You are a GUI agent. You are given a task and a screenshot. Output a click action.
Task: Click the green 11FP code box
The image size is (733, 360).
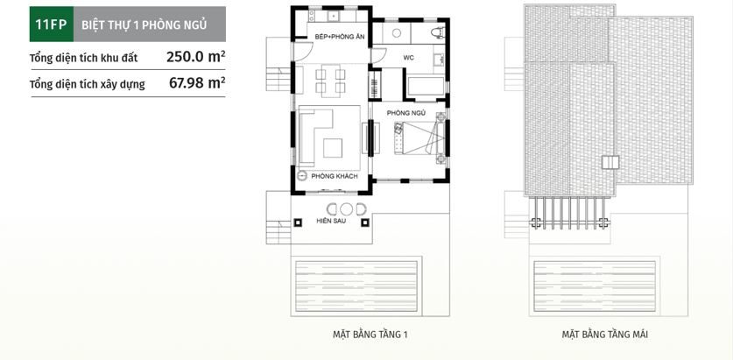point(47,25)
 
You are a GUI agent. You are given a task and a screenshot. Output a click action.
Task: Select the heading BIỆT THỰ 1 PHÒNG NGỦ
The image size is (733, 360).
point(144,25)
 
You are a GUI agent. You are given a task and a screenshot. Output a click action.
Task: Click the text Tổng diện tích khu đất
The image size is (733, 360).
point(78,58)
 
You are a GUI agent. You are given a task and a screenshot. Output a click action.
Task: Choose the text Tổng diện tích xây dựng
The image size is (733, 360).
point(82,85)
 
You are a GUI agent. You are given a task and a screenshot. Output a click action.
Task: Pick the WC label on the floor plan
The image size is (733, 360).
point(408,57)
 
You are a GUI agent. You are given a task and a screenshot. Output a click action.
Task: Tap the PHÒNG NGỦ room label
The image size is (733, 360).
point(406,113)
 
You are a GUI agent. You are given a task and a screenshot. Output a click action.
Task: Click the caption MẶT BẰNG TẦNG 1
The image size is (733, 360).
point(370,335)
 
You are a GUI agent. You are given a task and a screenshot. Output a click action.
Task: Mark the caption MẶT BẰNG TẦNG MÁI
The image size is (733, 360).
point(605,335)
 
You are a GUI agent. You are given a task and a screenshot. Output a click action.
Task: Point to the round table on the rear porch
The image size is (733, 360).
point(346,208)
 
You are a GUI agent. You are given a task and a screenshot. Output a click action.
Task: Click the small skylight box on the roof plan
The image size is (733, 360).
point(610,164)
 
